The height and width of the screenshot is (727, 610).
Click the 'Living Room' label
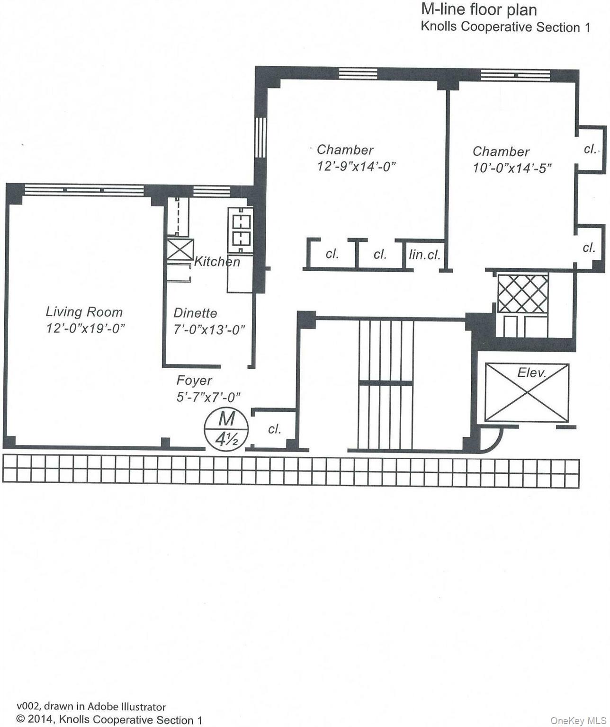point(84,312)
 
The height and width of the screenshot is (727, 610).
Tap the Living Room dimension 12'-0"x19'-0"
point(85,328)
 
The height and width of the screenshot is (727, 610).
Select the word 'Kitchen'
point(217,262)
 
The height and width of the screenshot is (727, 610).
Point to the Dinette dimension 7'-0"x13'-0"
point(209,330)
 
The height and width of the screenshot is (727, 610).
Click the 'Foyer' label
point(194,381)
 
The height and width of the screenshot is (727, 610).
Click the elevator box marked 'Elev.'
point(527,392)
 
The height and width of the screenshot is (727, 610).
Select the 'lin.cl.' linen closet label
point(425,255)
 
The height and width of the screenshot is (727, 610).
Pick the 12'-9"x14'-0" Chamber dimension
point(356,167)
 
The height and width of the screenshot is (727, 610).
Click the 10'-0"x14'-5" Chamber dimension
point(512,168)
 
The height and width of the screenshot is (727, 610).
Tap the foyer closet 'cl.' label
point(275,429)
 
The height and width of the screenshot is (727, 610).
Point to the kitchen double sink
point(241,230)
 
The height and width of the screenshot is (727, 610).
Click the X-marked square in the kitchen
point(180,249)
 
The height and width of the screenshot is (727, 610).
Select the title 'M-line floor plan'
point(479,9)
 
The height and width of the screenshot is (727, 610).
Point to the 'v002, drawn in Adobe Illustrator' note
point(91,707)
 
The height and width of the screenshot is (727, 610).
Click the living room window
point(84,190)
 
